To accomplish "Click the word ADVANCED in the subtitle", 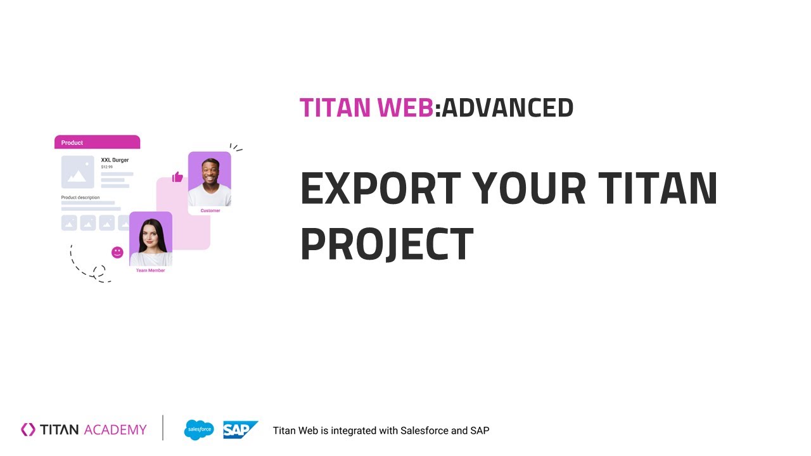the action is pyautogui.click(x=508, y=108).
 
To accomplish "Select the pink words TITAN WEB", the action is pyautogui.click(x=366, y=108).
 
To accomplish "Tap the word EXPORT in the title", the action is pyautogui.click(x=381, y=188).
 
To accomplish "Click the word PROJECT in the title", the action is pyautogui.click(x=386, y=243).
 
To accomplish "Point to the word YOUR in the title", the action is pyautogui.click(x=529, y=188).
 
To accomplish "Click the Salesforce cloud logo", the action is pyautogui.click(x=199, y=430).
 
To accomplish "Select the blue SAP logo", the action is pyautogui.click(x=240, y=429).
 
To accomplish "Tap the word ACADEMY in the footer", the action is pyautogui.click(x=115, y=430).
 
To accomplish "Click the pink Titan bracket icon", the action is pyautogui.click(x=28, y=429).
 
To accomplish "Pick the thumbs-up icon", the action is pyautogui.click(x=177, y=177).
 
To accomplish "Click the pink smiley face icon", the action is pyautogui.click(x=117, y=252).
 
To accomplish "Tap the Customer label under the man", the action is pyautogui.click(x=210, y=211).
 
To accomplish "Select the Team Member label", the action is pyautogui.click(x=150, y=270).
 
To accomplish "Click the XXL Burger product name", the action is pyautogui.click(x=115, y=160).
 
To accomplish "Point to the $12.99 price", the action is pyautogui.click(x=107, y=167).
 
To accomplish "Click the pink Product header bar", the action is pyautogui.click(x=97, y=142).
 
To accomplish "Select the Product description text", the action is pyautogui.click(x=80, y=198).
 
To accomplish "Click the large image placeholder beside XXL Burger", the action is pyautogui.click(x=78, y=172).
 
